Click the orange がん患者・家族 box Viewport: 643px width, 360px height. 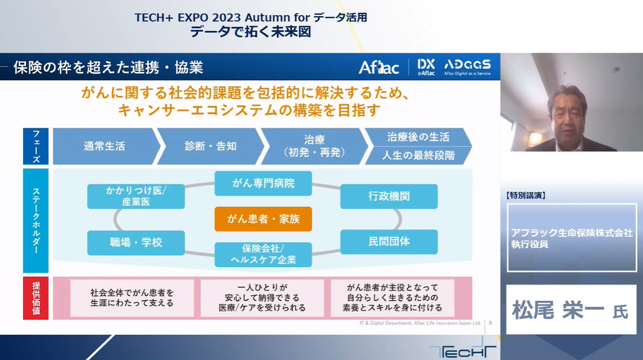pyautogui.click(x=263, y=219)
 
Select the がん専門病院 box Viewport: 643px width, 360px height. pyautogui.click(x=263, y=183)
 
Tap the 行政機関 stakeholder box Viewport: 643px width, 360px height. pyautogui.click(x=389, y=197)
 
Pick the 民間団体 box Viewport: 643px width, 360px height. pyautogui.click(x=389, y=242)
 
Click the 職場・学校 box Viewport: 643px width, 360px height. pyautogui.click(x=136, y=243)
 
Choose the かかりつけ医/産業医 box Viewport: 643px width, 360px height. pyautogui.click(x=136, y=197)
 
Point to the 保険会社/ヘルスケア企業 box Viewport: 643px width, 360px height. pyautogui.click(x=263, y=254)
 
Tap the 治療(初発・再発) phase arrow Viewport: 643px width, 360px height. pyautogui.click(x=315, y=146)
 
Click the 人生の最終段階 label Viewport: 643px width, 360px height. pyautogui.click(x=418, y=155)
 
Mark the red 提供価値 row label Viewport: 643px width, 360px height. pyautogui.click(x=36, y=298)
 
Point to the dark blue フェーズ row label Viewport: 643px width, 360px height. pyautogui.click(x=36, y=146)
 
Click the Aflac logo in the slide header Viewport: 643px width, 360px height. pyautogui.click(x=379, y=67)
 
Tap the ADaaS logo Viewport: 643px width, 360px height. pyautogui.click(x=467, y=67)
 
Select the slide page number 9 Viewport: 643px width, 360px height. pyautogui.click(x=490, y=323)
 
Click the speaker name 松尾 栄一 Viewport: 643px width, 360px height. pyautogui.click(x=558, y=310)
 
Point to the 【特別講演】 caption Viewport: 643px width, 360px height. pyautogui.click(x=526, y=196)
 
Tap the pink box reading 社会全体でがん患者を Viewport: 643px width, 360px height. pyautogui.click(x=132, y=298)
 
